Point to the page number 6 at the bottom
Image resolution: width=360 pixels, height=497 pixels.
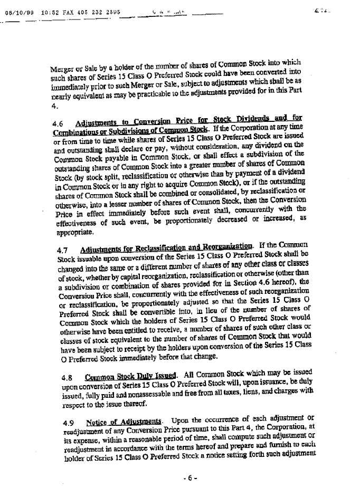pos(190,478)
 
